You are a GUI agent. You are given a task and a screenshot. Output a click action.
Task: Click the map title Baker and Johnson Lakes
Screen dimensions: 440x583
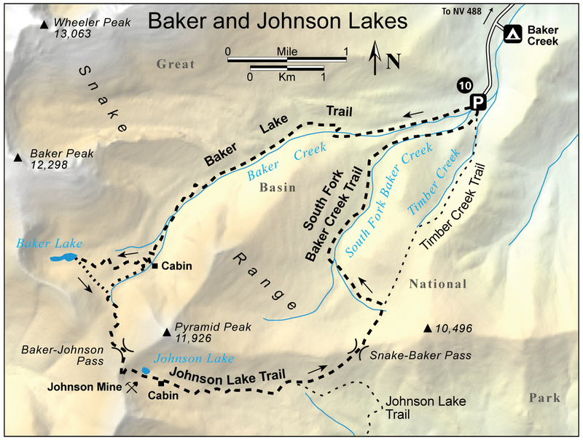(277, 21)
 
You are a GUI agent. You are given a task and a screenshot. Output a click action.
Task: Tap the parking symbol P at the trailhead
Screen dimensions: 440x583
(477, 102)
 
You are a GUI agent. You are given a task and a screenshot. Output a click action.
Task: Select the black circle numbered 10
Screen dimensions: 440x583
(464, 85)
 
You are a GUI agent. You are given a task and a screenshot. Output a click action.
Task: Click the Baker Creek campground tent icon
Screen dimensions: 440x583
(512, 34)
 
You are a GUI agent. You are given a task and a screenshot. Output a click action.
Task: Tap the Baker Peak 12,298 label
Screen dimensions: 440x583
(58, 161)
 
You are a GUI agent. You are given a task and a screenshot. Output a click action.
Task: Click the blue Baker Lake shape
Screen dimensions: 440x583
(63, 258)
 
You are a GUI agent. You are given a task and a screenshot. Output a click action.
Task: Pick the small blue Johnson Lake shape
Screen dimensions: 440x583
(146, 371)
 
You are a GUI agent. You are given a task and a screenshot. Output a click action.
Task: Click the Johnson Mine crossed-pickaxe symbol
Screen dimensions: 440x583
(131, 388)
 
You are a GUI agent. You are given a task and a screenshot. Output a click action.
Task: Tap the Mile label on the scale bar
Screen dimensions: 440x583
(287, 53)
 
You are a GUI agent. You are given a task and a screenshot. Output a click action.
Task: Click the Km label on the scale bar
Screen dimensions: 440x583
(286, 76)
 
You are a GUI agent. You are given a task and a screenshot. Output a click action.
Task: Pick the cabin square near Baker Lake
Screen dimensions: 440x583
(155, 265)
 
